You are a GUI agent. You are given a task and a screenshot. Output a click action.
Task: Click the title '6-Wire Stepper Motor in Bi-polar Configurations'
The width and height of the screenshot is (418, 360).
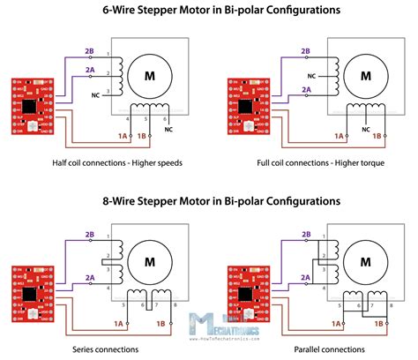coord(209,11)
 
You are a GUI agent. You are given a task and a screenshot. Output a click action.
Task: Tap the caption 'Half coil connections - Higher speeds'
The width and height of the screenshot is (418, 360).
coord(110,164)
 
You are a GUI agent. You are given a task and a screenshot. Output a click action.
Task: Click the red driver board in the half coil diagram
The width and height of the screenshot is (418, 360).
coord(28,108)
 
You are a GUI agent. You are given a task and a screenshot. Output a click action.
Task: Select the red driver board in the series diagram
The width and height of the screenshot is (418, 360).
coord(28,295)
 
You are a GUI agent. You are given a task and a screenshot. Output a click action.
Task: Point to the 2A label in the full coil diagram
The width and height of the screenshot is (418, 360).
coord(306,89)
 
